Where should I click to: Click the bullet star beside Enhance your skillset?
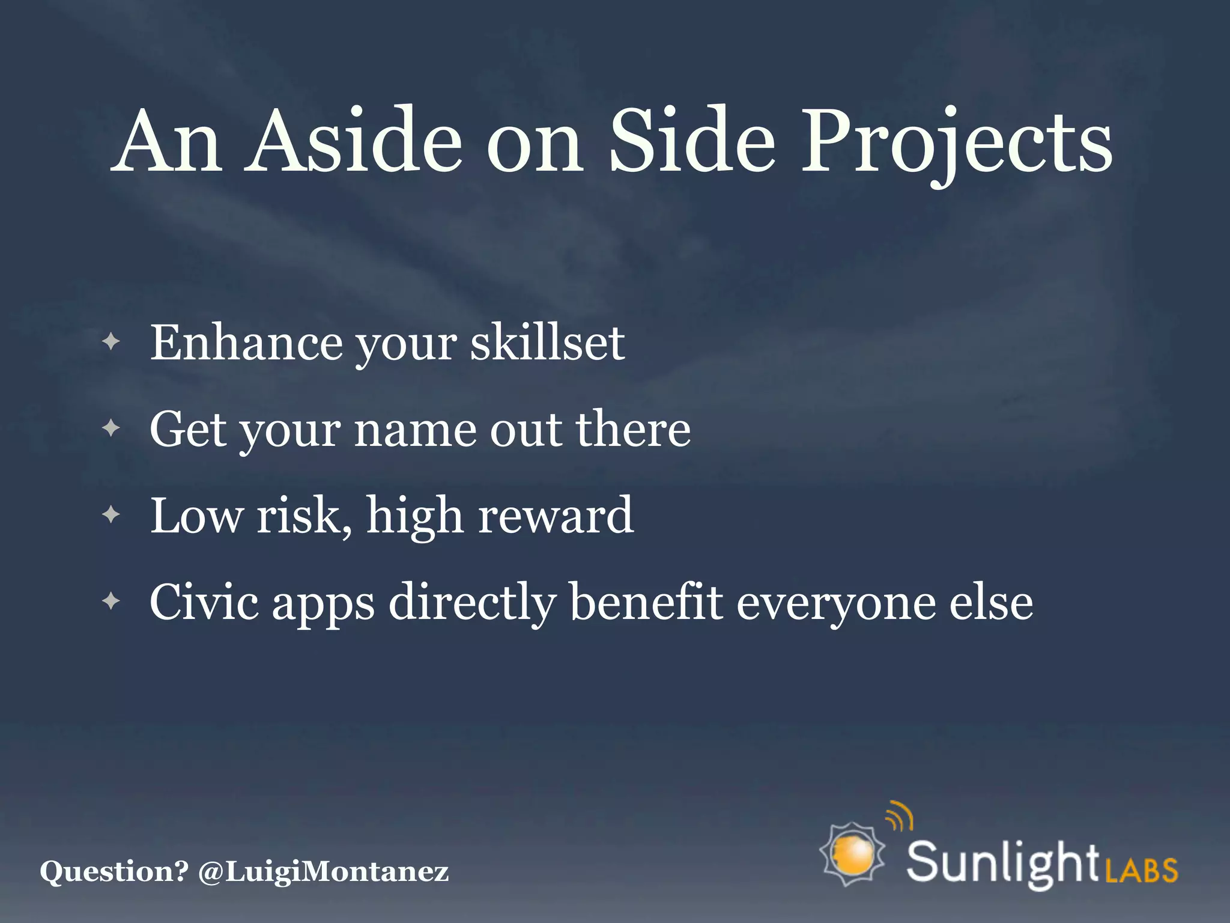click(111, 343)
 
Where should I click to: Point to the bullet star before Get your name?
click(111, 428)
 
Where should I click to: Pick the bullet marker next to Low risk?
click(111, 515)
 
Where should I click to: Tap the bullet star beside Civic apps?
click(111, 601)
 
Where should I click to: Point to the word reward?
click(556, 515)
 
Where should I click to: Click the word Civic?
click(204, 602)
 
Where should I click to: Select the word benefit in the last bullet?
click(646, 602)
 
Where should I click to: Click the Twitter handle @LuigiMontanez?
click(323, 871)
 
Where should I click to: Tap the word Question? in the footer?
click(114, 871)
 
